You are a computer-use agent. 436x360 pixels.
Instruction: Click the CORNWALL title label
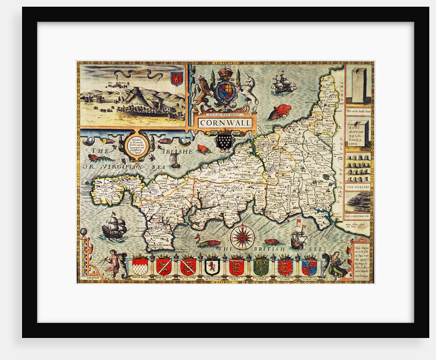(x=225, y=123)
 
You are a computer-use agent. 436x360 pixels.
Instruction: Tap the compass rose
(x=242, y=237)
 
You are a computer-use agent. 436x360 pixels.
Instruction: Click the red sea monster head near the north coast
(x=279, y=112)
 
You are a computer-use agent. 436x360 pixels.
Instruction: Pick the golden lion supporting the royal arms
(x=203, y=94)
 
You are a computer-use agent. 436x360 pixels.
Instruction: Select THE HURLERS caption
(x=357, y=187)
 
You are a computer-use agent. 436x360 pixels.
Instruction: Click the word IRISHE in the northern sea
(x=179, y=151)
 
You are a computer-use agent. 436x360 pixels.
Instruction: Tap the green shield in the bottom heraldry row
(x=260, y=266)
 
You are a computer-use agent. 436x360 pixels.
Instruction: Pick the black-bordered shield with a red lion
(x=212, y=266)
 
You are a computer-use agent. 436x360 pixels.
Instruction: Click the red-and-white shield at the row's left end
(x=140, y=266)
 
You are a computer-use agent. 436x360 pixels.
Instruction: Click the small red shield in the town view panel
(x=176, y=78)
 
